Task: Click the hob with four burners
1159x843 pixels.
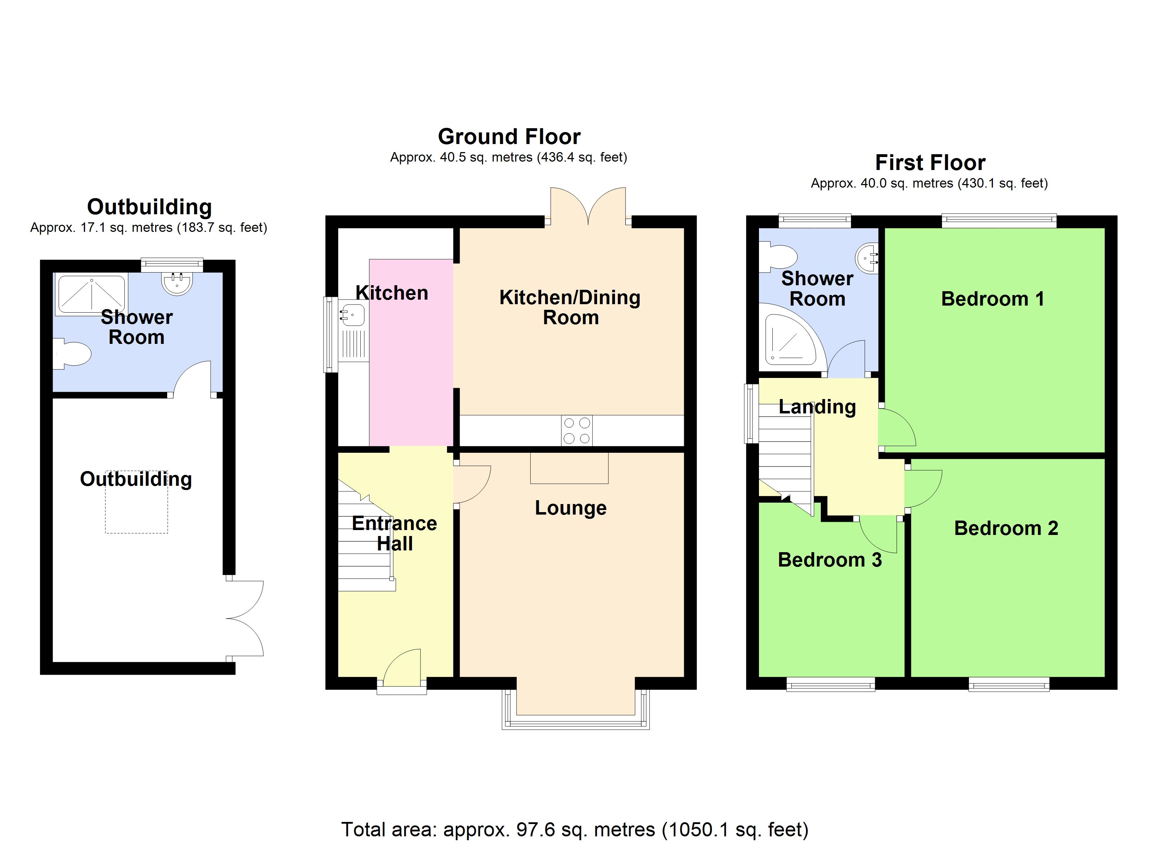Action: point(576,430)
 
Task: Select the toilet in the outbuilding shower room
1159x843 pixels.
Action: point(73,354)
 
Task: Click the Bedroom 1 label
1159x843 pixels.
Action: point(993,299)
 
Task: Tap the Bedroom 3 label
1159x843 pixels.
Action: point(830,560)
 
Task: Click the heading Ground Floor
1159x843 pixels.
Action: point(509,137)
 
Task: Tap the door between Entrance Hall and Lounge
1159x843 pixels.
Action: point(471,484)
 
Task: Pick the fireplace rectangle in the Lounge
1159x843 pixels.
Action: point(569,468)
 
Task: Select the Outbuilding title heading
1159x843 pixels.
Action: point(149,207)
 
